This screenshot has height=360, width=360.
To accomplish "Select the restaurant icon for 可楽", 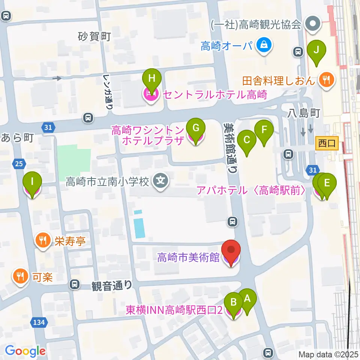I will click(x=19, y=277).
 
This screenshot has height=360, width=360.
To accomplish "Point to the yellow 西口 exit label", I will click(x=327, y=143).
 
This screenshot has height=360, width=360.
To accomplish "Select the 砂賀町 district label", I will click(x=94, y=36).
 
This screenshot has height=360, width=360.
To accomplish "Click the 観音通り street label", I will click(x=112, y=286).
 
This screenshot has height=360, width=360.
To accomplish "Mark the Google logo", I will click(x=25, y=351).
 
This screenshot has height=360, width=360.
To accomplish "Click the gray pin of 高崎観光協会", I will click(x=312, y=25).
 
